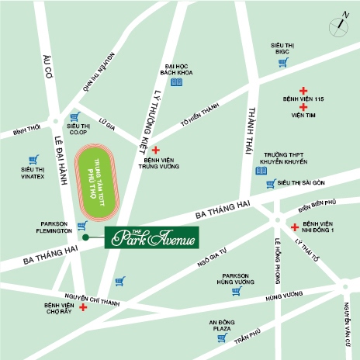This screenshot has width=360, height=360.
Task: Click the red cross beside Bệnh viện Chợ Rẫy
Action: [x=83, y=307]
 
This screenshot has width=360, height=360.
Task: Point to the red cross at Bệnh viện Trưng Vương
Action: [x=155, y=150]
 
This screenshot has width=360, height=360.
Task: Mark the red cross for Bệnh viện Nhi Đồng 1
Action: [x=294, y=227]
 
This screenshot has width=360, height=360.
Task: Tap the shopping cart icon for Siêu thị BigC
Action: [x=282, y=62]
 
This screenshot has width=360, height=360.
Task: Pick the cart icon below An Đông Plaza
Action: [x=222, y=338]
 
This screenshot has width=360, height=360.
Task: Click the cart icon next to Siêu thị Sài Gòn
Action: [x=270, y=184]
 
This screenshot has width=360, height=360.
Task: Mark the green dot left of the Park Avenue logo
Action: [x=88, y=237]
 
